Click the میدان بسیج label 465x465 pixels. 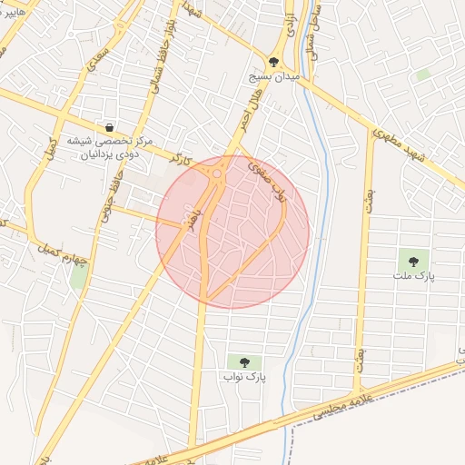[x=273, y=78]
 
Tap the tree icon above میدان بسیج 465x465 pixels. [x=273, y=62]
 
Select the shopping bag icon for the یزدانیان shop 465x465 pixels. [x=110, y=127]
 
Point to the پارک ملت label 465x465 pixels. [x=414, y=274]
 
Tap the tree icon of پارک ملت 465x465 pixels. [x=414, y=261]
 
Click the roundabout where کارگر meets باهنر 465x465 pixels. [x=217, y=172]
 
